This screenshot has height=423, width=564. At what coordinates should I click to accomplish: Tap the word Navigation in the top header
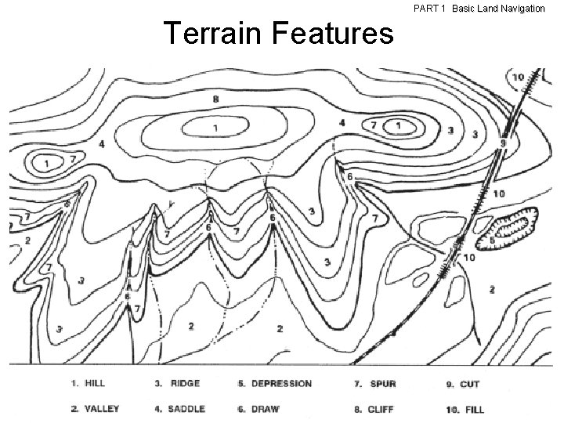coord(519,8)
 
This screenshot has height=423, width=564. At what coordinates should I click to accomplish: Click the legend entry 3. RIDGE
coord(177,384)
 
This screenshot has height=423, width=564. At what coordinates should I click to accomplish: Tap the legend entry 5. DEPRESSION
coord(274,384)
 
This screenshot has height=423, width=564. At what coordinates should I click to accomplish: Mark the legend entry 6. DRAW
coord(258,409)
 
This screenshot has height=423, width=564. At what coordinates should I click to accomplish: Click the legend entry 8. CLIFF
coord(378,409)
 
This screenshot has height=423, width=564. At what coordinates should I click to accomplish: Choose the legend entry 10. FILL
coord(465,409)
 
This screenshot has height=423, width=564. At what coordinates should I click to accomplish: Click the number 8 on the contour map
coord(215,99)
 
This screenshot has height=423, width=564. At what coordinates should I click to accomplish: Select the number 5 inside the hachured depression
coord(492,240)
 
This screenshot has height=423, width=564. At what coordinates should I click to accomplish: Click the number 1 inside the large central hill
coord(215,128)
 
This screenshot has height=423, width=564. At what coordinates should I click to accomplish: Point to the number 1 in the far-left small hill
coord(46,164)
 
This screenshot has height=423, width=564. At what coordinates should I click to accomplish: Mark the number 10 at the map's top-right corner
coord(518,77)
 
